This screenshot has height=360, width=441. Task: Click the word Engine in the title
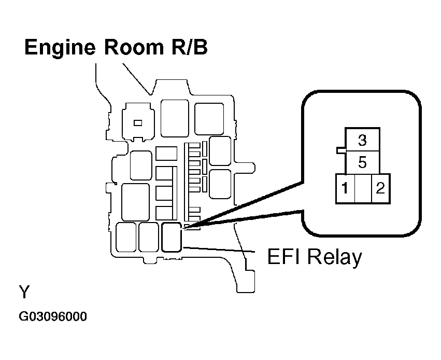tap(60, 48)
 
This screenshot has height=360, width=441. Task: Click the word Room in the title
tap(134, 47)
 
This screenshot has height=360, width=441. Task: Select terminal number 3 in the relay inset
tap(363, 140)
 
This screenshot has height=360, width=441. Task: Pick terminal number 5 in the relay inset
tap(363, 162)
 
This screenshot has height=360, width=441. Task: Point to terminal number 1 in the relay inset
tap(345, 188)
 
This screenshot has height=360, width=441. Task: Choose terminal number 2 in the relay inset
tap(380, 188)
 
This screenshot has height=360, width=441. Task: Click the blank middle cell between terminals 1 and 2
tap(363, 188)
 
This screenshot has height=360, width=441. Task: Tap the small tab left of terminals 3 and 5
tap(341, 150)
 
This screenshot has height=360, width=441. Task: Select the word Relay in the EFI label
tap(335, 257)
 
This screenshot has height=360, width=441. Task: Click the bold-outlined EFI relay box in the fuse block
tap(172, 237)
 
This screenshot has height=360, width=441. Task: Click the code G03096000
tap(53, 316)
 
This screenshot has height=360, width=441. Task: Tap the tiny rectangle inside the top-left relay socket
tap(138, 123)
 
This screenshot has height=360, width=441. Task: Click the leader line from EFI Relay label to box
tap(219, 250)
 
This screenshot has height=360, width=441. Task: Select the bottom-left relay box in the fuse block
tap(126, 237)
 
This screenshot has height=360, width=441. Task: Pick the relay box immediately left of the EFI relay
tap(149, 237)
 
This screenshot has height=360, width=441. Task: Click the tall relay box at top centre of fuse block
tap(175, 118)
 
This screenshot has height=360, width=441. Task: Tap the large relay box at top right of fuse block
tap(209, 119)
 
